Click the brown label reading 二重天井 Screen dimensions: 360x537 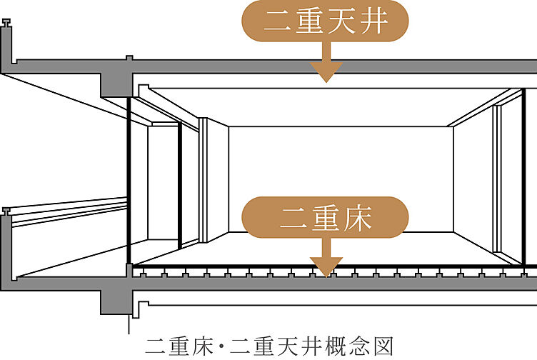[x=326, y=21]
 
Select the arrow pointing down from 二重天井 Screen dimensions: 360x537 [x=326, y=66]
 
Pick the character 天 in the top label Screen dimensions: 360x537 [x=341, y=21]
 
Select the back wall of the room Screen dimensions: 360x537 [x=341, y=179]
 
